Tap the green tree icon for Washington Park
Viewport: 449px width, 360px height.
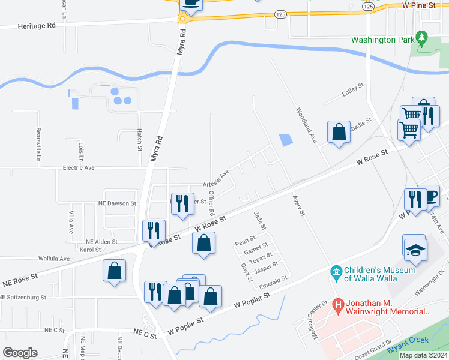pyautogui.click(x=421, y=38)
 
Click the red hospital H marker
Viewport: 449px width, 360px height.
pyautogui.click(x=338, y=305)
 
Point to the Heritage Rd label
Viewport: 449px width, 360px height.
pyautogui.click(x=37, y=26)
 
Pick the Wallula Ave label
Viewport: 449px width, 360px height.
pyautogui.click(x=55, y=259)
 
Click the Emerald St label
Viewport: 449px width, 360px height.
pyautogui.click(x=273, y=279)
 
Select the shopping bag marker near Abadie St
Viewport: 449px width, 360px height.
pyautogui.click(x=339, y=133)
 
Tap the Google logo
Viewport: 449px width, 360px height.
pyautogui.click(x=20, y=353)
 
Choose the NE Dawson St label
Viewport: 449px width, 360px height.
pyautogui.click(x=117, y=203)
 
